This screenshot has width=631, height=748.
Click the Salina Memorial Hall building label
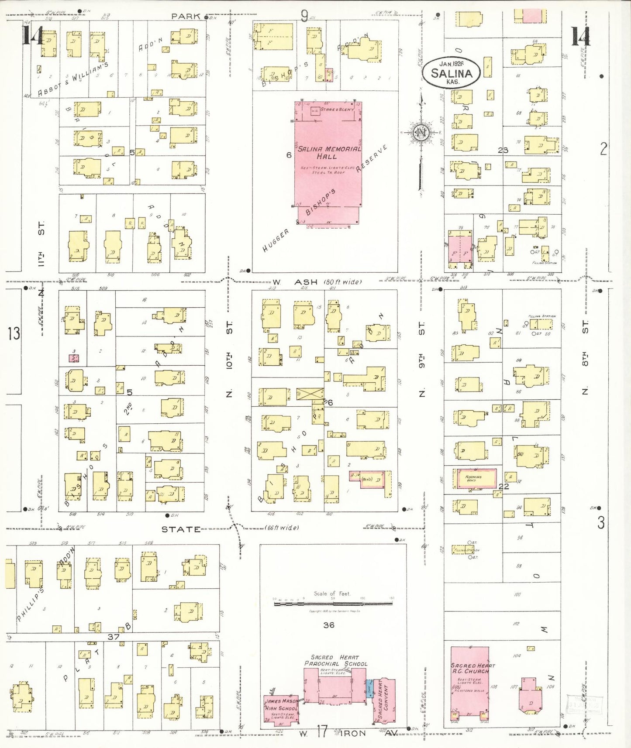tap(329, 152)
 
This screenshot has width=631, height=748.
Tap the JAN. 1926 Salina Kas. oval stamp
tap(451, 72)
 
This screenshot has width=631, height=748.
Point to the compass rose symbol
tap(421, 133)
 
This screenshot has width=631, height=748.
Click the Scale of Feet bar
tap(333, 604)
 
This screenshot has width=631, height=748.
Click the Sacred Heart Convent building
tap(384, 700)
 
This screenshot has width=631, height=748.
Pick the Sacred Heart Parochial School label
tap(335, 661)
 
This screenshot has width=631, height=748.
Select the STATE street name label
tap(181, 529)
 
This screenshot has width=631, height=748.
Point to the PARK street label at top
tap(186, 17)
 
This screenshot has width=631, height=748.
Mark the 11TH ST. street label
tap(41, 244)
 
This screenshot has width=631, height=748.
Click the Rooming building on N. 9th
tap(474, 479)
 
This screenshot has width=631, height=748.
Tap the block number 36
tap(329, 625)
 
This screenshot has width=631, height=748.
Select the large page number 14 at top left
tap(33, 36)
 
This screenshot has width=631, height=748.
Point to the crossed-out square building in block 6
tap(310, 394)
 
